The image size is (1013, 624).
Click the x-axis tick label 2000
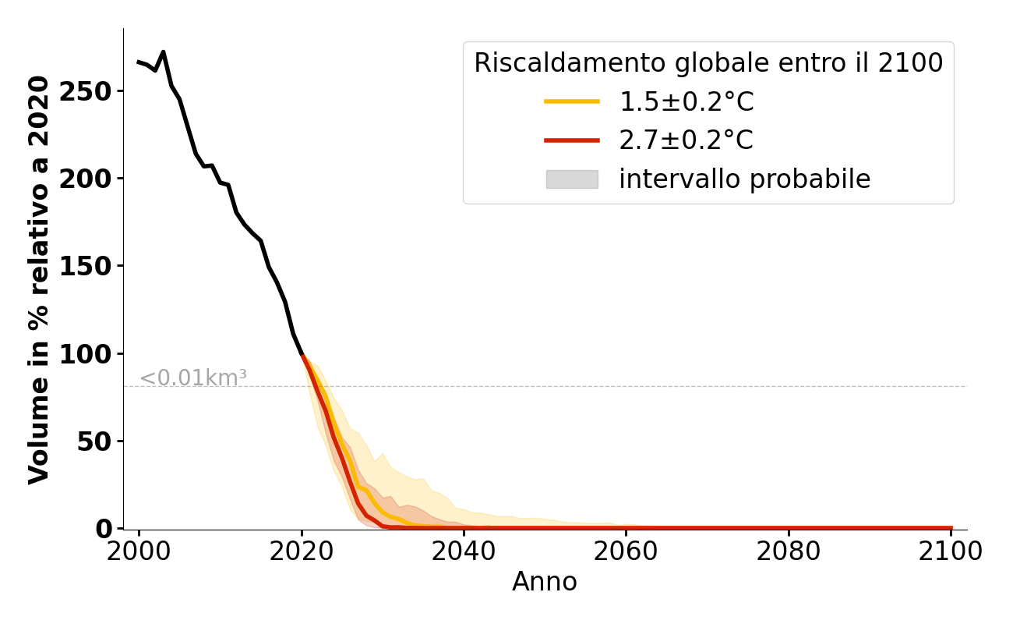point(139,551)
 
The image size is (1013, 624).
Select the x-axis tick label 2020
point(302,551)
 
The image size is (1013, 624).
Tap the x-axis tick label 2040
point(464,551)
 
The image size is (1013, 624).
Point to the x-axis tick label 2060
point(627,551)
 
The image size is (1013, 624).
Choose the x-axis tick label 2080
point(789,551)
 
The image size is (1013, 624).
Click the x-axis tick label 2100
point(951,551)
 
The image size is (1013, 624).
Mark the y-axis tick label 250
point(93,91)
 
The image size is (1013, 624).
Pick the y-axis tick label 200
point(93,179)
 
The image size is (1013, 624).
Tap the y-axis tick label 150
point(93,266)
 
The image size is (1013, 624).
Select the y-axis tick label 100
point(93,354)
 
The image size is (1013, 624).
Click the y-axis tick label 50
point(99,441)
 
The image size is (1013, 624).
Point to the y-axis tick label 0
point(105,529)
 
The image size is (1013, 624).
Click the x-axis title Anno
point(545,582)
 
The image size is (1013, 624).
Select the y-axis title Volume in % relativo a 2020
point(39,279)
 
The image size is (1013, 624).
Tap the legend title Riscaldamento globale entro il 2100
point(708,63)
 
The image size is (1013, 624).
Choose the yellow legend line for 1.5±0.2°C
point(572,101)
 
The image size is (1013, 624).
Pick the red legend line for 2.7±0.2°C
point(572,140)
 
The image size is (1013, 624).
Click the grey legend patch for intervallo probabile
point(572,179)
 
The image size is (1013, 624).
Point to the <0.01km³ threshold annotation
point(193,378)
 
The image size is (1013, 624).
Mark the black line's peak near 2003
point(163,52)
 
